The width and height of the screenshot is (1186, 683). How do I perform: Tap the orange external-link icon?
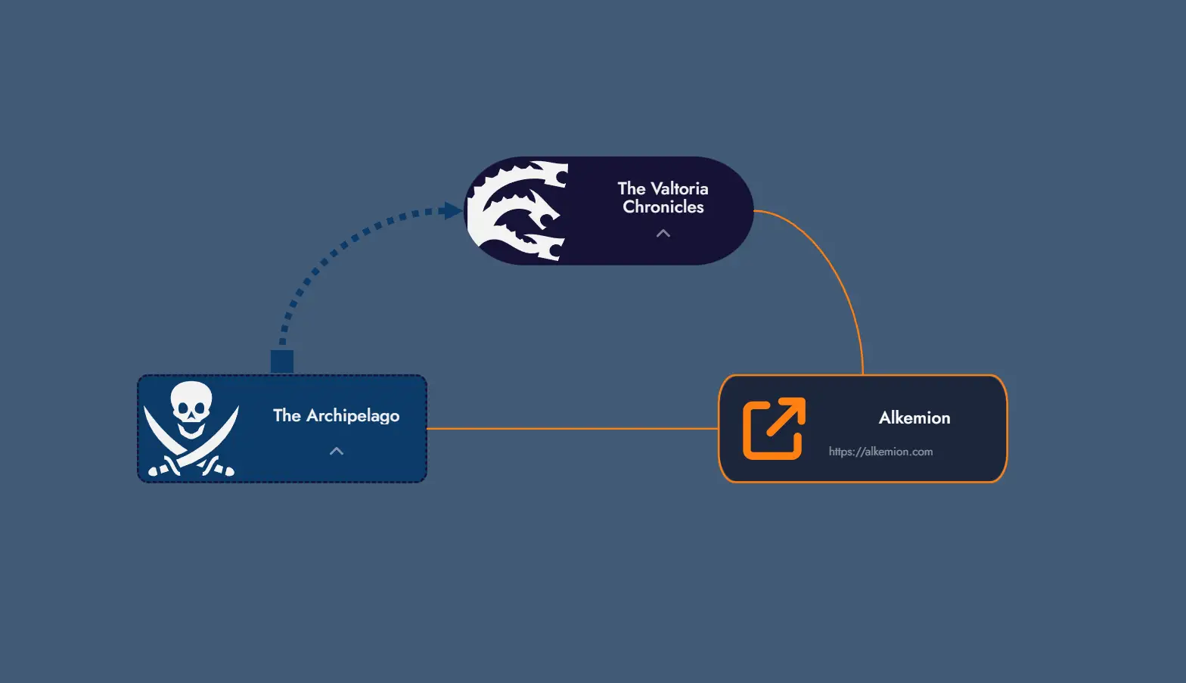774,428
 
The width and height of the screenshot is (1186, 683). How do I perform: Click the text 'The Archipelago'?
336,415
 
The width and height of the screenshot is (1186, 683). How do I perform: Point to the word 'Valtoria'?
679,188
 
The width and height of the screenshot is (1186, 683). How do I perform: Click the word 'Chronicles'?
663,207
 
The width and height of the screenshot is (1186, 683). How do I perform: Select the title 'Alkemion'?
914,418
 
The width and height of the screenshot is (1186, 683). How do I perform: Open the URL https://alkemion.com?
880,452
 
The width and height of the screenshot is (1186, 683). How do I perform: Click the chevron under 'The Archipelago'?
337,452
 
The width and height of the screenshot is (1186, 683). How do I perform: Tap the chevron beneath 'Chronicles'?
663,234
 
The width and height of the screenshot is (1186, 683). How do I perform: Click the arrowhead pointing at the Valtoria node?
453,211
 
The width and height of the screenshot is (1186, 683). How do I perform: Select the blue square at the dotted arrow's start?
282,362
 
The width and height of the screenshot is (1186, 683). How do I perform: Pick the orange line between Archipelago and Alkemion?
572,429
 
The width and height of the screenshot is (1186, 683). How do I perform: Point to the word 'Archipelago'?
352,416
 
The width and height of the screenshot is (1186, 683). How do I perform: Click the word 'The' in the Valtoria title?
631,188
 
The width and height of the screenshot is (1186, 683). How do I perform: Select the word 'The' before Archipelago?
287,415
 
